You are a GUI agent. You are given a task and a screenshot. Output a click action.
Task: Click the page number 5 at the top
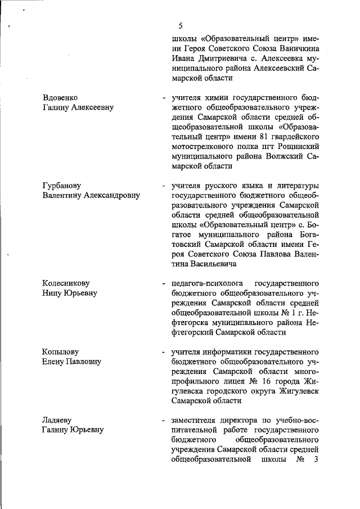tap(180, 25)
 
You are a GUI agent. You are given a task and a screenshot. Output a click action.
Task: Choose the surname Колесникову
tap(66, 283)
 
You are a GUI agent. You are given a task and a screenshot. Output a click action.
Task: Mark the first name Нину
tap(52, 293)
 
